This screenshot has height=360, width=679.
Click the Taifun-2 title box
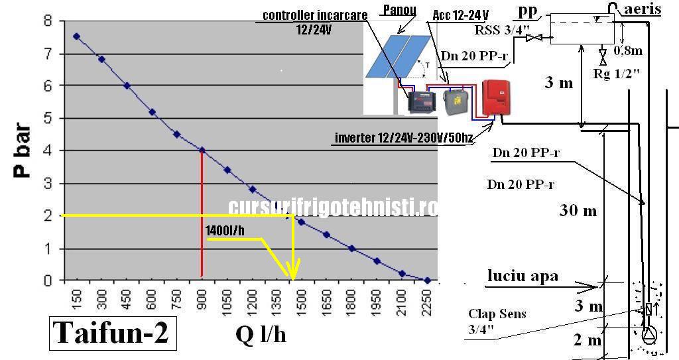click(111, 333)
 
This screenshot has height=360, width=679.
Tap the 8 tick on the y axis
click(47, 21)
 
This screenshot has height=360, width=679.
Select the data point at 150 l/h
click(76, 36)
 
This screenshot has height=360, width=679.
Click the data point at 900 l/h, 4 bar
click(202, 150)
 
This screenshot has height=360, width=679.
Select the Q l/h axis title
click(261, 334)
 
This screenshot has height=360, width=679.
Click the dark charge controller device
click(420, 102)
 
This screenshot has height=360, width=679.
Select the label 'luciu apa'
click(523, 276)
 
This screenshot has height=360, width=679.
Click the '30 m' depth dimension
click(578, 211)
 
